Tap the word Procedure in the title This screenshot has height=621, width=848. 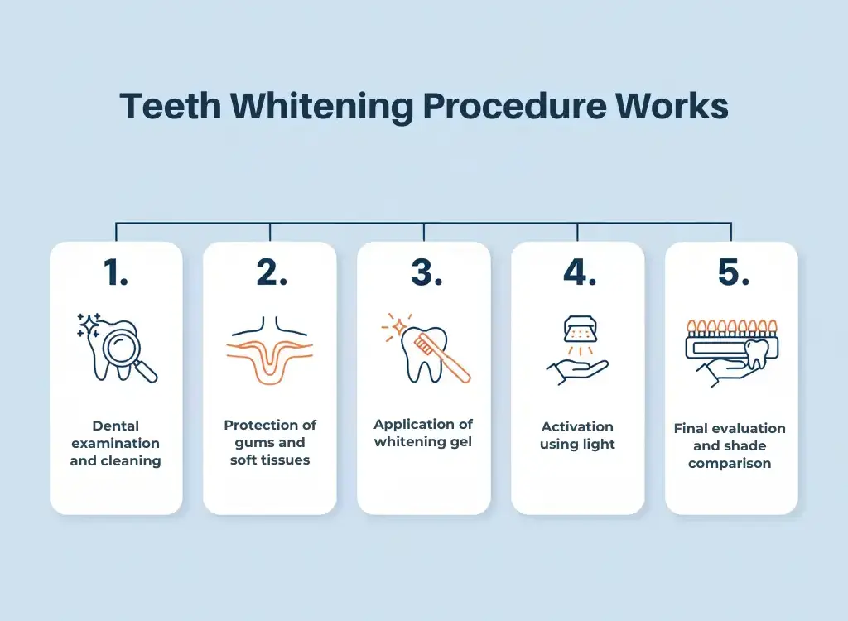tap(518, 108)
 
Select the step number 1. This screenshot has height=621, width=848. tap(116, 273)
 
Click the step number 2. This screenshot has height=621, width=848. tap(270, 273)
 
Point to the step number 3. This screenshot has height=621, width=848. tap(424, 273)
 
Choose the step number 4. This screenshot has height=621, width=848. tap(578, 273)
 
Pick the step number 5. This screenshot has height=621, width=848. tap(731, 273)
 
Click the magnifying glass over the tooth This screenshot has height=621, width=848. tap(127, 348)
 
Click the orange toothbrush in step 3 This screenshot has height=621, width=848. tap(444, 356)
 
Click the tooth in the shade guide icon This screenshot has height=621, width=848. tap(758, 354)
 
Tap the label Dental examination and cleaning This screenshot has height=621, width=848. tap(116, 443)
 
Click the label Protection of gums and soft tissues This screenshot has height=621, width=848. tap(270, 442)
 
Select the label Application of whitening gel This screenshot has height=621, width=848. tap(423, 433)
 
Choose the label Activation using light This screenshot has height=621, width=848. tap(577, 436)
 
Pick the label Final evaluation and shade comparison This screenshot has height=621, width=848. tap(730, 445)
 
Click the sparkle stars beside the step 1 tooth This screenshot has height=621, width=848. tap(88, 325)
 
